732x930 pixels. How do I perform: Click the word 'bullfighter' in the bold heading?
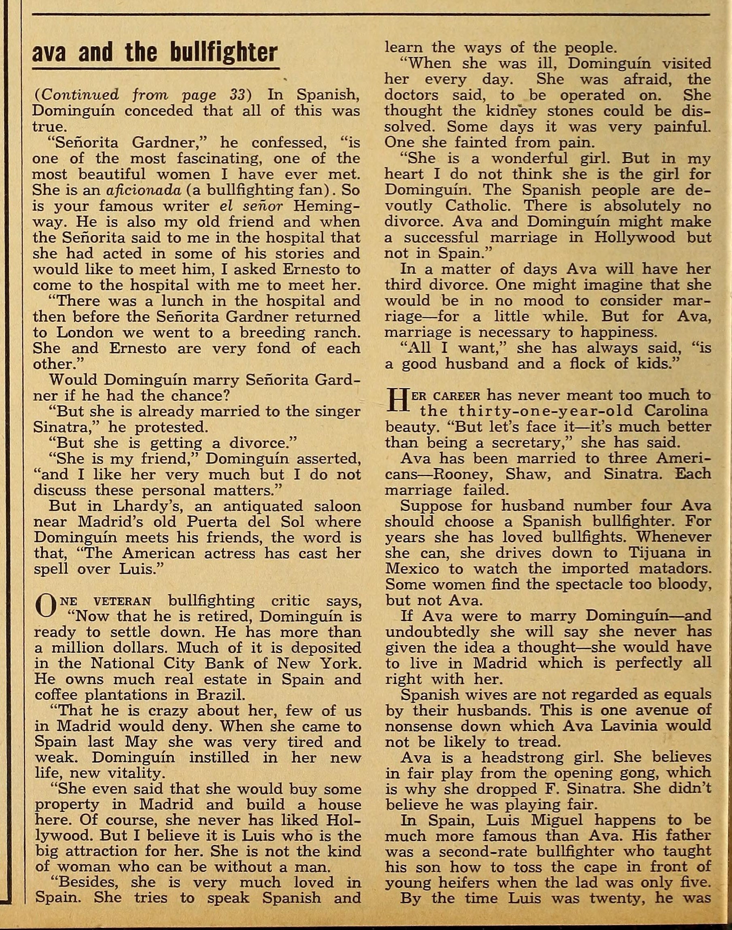coord(223,53)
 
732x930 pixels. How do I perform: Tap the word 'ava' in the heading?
coord(48,53)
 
